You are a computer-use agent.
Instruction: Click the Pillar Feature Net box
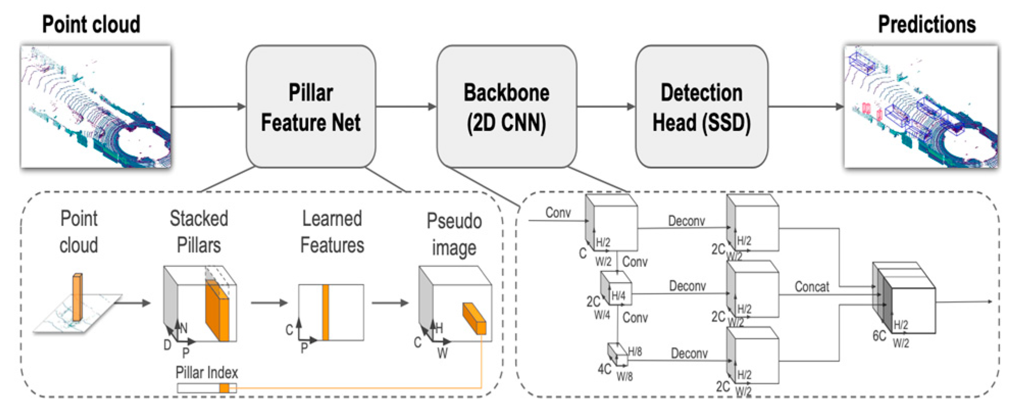click(x=311, y=107)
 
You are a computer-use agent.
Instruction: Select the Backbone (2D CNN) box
click(x=506, y=107)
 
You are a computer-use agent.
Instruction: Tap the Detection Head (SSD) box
click(x=701, y=107)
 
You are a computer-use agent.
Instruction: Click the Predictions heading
click(x=927, y=24)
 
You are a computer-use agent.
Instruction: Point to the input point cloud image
click(x=96, y=107)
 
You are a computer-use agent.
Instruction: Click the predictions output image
click(x=921, y=107)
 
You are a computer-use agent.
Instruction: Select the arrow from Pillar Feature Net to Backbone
click(x=406, y=107)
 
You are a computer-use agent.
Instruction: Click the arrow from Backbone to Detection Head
click(x=606, y=107)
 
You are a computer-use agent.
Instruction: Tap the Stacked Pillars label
click(x=199, y=232)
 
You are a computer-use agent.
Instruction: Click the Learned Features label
click(x=332, y=232)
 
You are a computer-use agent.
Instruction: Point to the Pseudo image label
click(x=454, y=235)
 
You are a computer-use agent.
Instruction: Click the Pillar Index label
click(x=207, y=372)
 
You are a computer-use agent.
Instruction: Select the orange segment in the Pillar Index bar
click(x=224, y=388)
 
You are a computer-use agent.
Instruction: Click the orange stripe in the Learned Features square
click(x=325, y=313)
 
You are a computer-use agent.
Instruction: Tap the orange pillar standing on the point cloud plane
click(x=77, y=297)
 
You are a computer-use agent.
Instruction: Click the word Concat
click(x=811, y=287)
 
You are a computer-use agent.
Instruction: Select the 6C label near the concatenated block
click(x=879, y=336)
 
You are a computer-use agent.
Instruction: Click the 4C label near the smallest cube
click(x=604, y=369)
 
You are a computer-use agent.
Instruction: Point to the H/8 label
click(x=635, y=351)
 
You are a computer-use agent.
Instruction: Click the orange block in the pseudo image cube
click(x=474, y=318)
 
